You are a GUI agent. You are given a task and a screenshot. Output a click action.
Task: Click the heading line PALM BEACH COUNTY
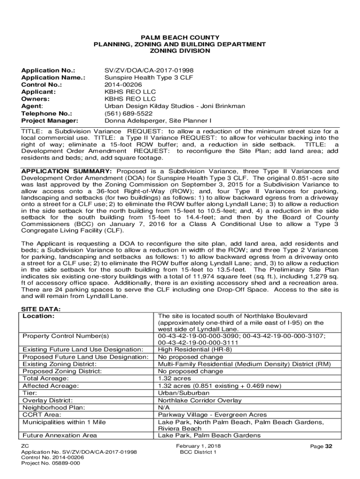pyautogui.click(x=180, y=37)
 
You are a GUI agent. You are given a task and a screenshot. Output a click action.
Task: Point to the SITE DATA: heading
pyautogui.click(x=42, y=309)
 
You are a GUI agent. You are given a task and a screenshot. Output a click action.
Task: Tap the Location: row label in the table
pyautogui.click(x=39, y=316)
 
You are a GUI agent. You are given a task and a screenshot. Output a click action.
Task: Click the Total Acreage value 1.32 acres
pyautogui.click(x=174, y=378)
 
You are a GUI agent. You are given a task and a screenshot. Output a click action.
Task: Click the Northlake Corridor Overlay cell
pyautogui.click(x=200, y=400)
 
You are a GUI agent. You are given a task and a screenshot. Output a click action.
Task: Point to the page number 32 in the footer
pyautogui.click(x=329, y=446)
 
